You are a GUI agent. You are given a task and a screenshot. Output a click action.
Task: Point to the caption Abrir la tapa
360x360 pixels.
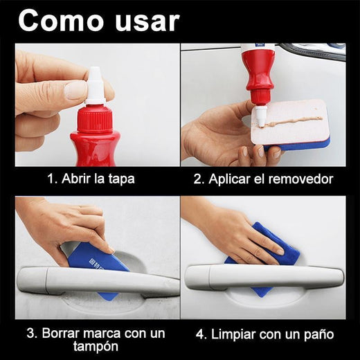click(x=91, y=179)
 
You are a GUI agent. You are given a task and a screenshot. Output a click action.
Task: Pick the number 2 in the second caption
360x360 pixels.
click(x=197, y=179)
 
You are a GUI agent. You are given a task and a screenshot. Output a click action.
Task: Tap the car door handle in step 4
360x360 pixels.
click(x=263, y=277)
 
